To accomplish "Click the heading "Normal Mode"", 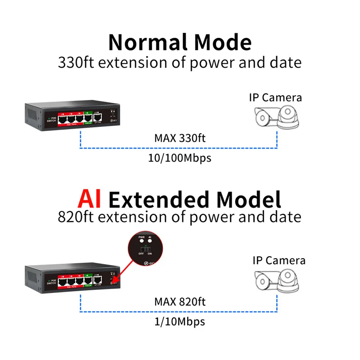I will tap(180, 42).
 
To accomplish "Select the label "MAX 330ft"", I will tap(180, 138).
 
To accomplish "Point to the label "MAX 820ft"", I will tap(180, 301).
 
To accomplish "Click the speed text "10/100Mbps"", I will tap(180, 158).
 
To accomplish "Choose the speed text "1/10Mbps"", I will tap(180, 321).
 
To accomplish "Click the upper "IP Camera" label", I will tap(275, 97).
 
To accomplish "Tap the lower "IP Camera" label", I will tap(279, 260).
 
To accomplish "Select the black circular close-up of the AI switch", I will tap(144, 248).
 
